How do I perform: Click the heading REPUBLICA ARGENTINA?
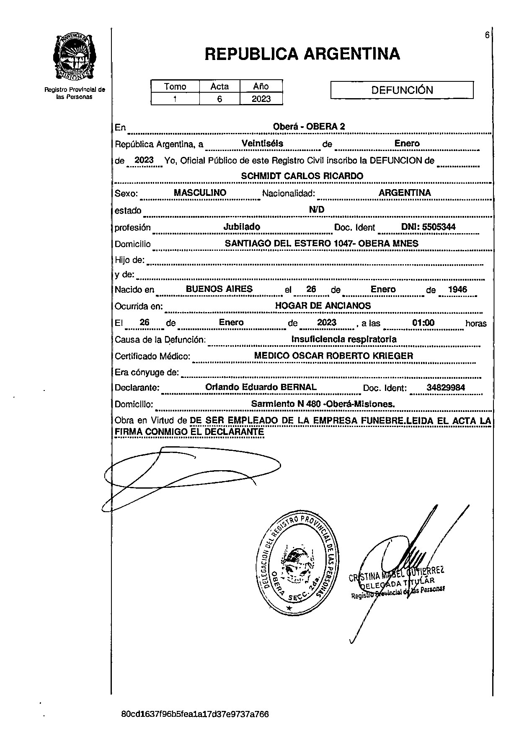point(302,54)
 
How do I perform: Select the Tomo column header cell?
point(175,86)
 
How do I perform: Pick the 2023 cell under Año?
point(261,99)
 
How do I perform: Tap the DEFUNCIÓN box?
point(402,90)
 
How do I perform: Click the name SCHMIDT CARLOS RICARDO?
point(302,176)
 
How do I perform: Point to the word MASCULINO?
point(200,193)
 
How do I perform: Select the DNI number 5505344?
point(429,227)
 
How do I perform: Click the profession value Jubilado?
point(242,227)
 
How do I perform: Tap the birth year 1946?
point(457,289)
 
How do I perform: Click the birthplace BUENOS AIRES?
point(219,289)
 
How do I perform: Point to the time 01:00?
point(423,323)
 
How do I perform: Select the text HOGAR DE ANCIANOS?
point(323,306)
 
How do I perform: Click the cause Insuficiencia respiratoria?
point(343,339)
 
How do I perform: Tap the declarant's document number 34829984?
point(446,388)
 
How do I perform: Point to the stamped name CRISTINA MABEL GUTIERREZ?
point(396,575)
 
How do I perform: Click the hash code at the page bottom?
point(195,714)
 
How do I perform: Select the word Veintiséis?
point(262,143)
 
